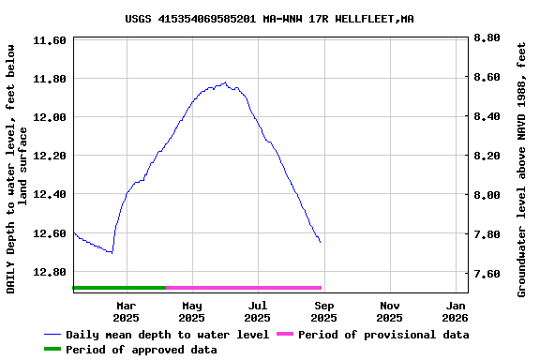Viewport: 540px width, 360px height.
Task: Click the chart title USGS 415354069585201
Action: [x=269, y=19]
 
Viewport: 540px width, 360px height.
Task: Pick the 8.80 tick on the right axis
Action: [x=487, y=38]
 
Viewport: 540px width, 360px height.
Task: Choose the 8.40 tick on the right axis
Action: [x=487, y=117]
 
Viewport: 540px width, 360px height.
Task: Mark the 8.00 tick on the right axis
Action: [x=487, y=195]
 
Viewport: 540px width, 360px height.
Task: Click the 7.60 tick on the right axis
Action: [x=487, y=274]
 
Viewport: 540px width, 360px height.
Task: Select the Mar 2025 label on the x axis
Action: [x=126, y=311]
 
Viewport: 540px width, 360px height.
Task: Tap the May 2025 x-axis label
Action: [x=192, y=311]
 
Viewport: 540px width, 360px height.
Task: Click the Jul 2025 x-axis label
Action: [x=258, y=311]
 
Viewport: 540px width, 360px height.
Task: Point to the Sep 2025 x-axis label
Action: [x=324, y=311]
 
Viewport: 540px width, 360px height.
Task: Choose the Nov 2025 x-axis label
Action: [x=391, y=311]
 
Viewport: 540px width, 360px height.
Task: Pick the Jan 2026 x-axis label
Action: [x=457, y=311]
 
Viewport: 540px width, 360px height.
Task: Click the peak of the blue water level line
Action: [x=225, y=82]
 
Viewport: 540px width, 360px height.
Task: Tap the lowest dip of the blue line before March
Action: [x=112, y=252]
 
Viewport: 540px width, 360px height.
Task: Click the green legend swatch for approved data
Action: [x=52, y=350]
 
